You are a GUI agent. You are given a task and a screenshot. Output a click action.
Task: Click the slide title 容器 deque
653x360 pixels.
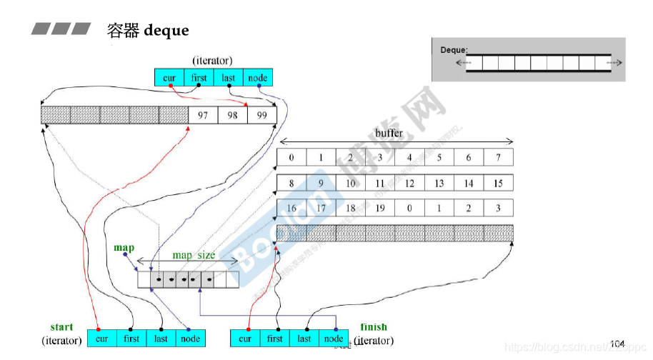coord(147,30)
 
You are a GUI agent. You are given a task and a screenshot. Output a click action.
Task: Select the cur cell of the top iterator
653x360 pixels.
coord(169,78)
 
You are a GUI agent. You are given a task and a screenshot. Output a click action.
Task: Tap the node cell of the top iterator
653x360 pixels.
coord(258,78)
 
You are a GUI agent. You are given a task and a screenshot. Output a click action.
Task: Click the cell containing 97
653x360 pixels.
coord(203,115)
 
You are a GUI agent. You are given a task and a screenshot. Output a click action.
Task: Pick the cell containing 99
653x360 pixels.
coord(261,115)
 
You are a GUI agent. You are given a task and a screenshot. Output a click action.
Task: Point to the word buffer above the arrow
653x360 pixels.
coord(389,133)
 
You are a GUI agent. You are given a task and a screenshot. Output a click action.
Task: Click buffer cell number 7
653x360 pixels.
coord(498,157)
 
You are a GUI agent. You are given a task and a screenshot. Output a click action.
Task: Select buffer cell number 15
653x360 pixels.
coord(498,184)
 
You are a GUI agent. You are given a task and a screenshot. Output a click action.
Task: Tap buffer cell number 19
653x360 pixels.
coord(380,209)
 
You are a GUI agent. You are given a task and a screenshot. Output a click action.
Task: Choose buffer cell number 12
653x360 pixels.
coord(409,184)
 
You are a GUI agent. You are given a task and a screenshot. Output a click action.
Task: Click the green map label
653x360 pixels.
coord(124,248)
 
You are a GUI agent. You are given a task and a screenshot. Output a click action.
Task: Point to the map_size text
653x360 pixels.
coord(194,255)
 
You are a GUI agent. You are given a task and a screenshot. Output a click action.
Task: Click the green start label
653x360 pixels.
coord(61,328)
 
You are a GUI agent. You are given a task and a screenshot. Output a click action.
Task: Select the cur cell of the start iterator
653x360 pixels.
coord(102,339)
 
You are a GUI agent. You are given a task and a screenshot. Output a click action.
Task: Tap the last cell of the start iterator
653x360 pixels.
coord(161,339)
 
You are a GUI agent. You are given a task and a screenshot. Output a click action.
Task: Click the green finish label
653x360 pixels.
coord(374,328)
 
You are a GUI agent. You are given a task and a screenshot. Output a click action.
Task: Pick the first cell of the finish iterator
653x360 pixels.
coord(275,339)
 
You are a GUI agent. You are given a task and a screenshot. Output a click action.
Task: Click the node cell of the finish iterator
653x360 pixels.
coord(334,339)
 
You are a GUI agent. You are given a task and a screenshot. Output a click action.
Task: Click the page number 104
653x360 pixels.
coord(617,344)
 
